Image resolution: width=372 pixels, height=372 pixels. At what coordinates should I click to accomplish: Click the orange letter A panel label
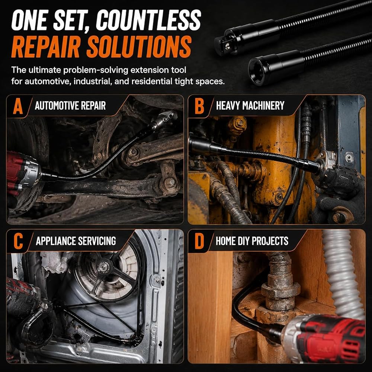18,106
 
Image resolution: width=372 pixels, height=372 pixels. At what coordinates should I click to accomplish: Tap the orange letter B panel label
199,106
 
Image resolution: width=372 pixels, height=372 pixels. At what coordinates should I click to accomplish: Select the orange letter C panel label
18,241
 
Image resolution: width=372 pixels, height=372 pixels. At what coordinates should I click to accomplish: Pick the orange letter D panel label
199,241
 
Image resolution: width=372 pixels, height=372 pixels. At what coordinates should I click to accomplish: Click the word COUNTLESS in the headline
148,20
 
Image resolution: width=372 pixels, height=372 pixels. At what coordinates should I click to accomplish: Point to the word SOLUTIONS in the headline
139,47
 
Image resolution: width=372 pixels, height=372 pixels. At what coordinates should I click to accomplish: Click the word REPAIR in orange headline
45,47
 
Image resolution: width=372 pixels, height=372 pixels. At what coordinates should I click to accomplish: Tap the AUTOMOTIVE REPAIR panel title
70,106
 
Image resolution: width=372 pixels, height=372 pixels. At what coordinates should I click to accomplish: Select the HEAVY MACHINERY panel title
250,106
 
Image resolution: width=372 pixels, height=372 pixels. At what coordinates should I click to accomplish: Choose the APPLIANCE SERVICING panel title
76,241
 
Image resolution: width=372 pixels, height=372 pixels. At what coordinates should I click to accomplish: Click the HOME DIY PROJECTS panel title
252,241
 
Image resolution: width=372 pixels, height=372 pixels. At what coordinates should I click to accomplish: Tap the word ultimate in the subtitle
45,70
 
